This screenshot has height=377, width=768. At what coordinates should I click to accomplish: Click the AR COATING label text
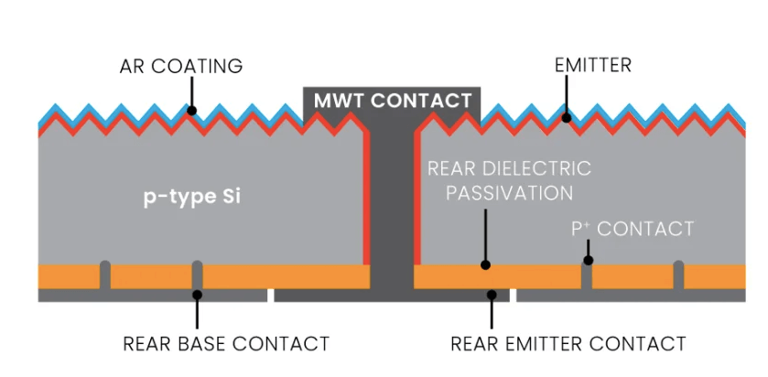[180, 66]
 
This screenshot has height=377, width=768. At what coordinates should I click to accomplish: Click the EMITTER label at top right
[592, 66]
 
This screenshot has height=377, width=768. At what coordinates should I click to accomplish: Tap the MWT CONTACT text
[393, 101]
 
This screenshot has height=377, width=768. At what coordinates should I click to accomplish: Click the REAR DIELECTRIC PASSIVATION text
[509, 181]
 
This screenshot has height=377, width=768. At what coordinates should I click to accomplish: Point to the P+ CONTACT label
[633, 229]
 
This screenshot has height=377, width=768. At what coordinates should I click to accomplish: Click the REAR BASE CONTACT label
[225, 344]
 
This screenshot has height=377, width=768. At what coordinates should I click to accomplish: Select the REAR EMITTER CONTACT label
[568, 344]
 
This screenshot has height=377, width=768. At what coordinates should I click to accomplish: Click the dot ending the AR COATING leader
[192, 112]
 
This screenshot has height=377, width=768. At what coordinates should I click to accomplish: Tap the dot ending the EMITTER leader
[567, 117]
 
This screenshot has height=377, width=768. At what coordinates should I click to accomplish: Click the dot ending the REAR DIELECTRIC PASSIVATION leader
[486, 265]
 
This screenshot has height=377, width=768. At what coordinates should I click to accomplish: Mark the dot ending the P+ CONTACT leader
[589, 261]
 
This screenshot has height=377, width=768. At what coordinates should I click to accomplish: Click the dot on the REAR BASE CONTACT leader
[197, 294]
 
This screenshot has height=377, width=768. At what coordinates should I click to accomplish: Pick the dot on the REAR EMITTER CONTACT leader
[492, 295]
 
